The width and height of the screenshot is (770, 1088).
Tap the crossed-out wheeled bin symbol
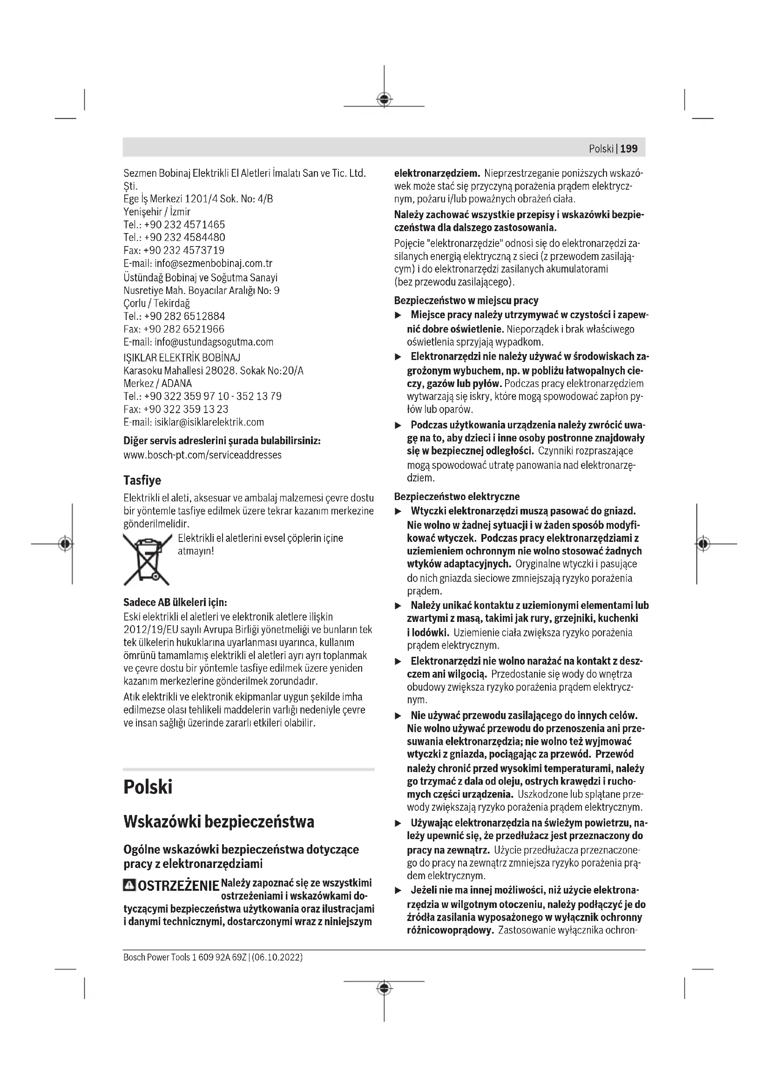pyautogui.click(x=147, y=559)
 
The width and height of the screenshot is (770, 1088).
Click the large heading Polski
pyautogui.click(x=148, y=787)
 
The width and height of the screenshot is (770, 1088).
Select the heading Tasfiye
pyautogui.click(x=142, y=481)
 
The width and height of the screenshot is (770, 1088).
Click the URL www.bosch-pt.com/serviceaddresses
pyautogui.click(x=203, y=455)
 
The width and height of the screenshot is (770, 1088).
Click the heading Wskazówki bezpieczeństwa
pyautogui.click(x=219, y=821)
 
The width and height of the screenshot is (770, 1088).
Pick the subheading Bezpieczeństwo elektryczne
pyautogui.click(x=457, y=497)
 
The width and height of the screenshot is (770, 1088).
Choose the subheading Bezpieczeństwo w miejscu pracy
pyautogui.click(x=466, y=300)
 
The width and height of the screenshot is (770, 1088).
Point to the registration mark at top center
pyautogui.click(x=384, y=100)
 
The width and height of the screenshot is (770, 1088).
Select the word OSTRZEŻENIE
pyautogui.click(x=178, y=886)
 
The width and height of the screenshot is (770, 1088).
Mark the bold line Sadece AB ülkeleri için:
pyautogui.click(x=175, y=602)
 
